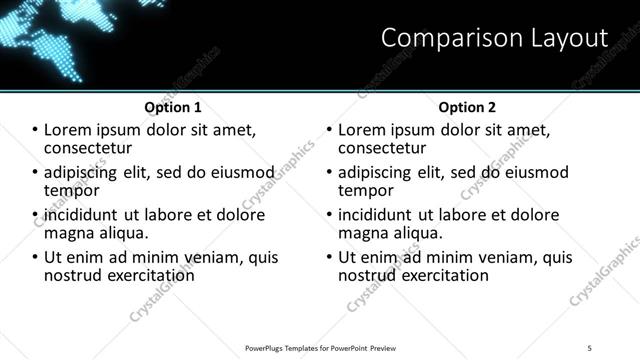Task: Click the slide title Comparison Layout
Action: (x=494, y=38)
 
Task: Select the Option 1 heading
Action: (x=173, y=107)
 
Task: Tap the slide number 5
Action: (x=590, y=346)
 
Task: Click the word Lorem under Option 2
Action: (x=363, y=130)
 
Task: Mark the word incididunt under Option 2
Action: (x=379, y=215)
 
